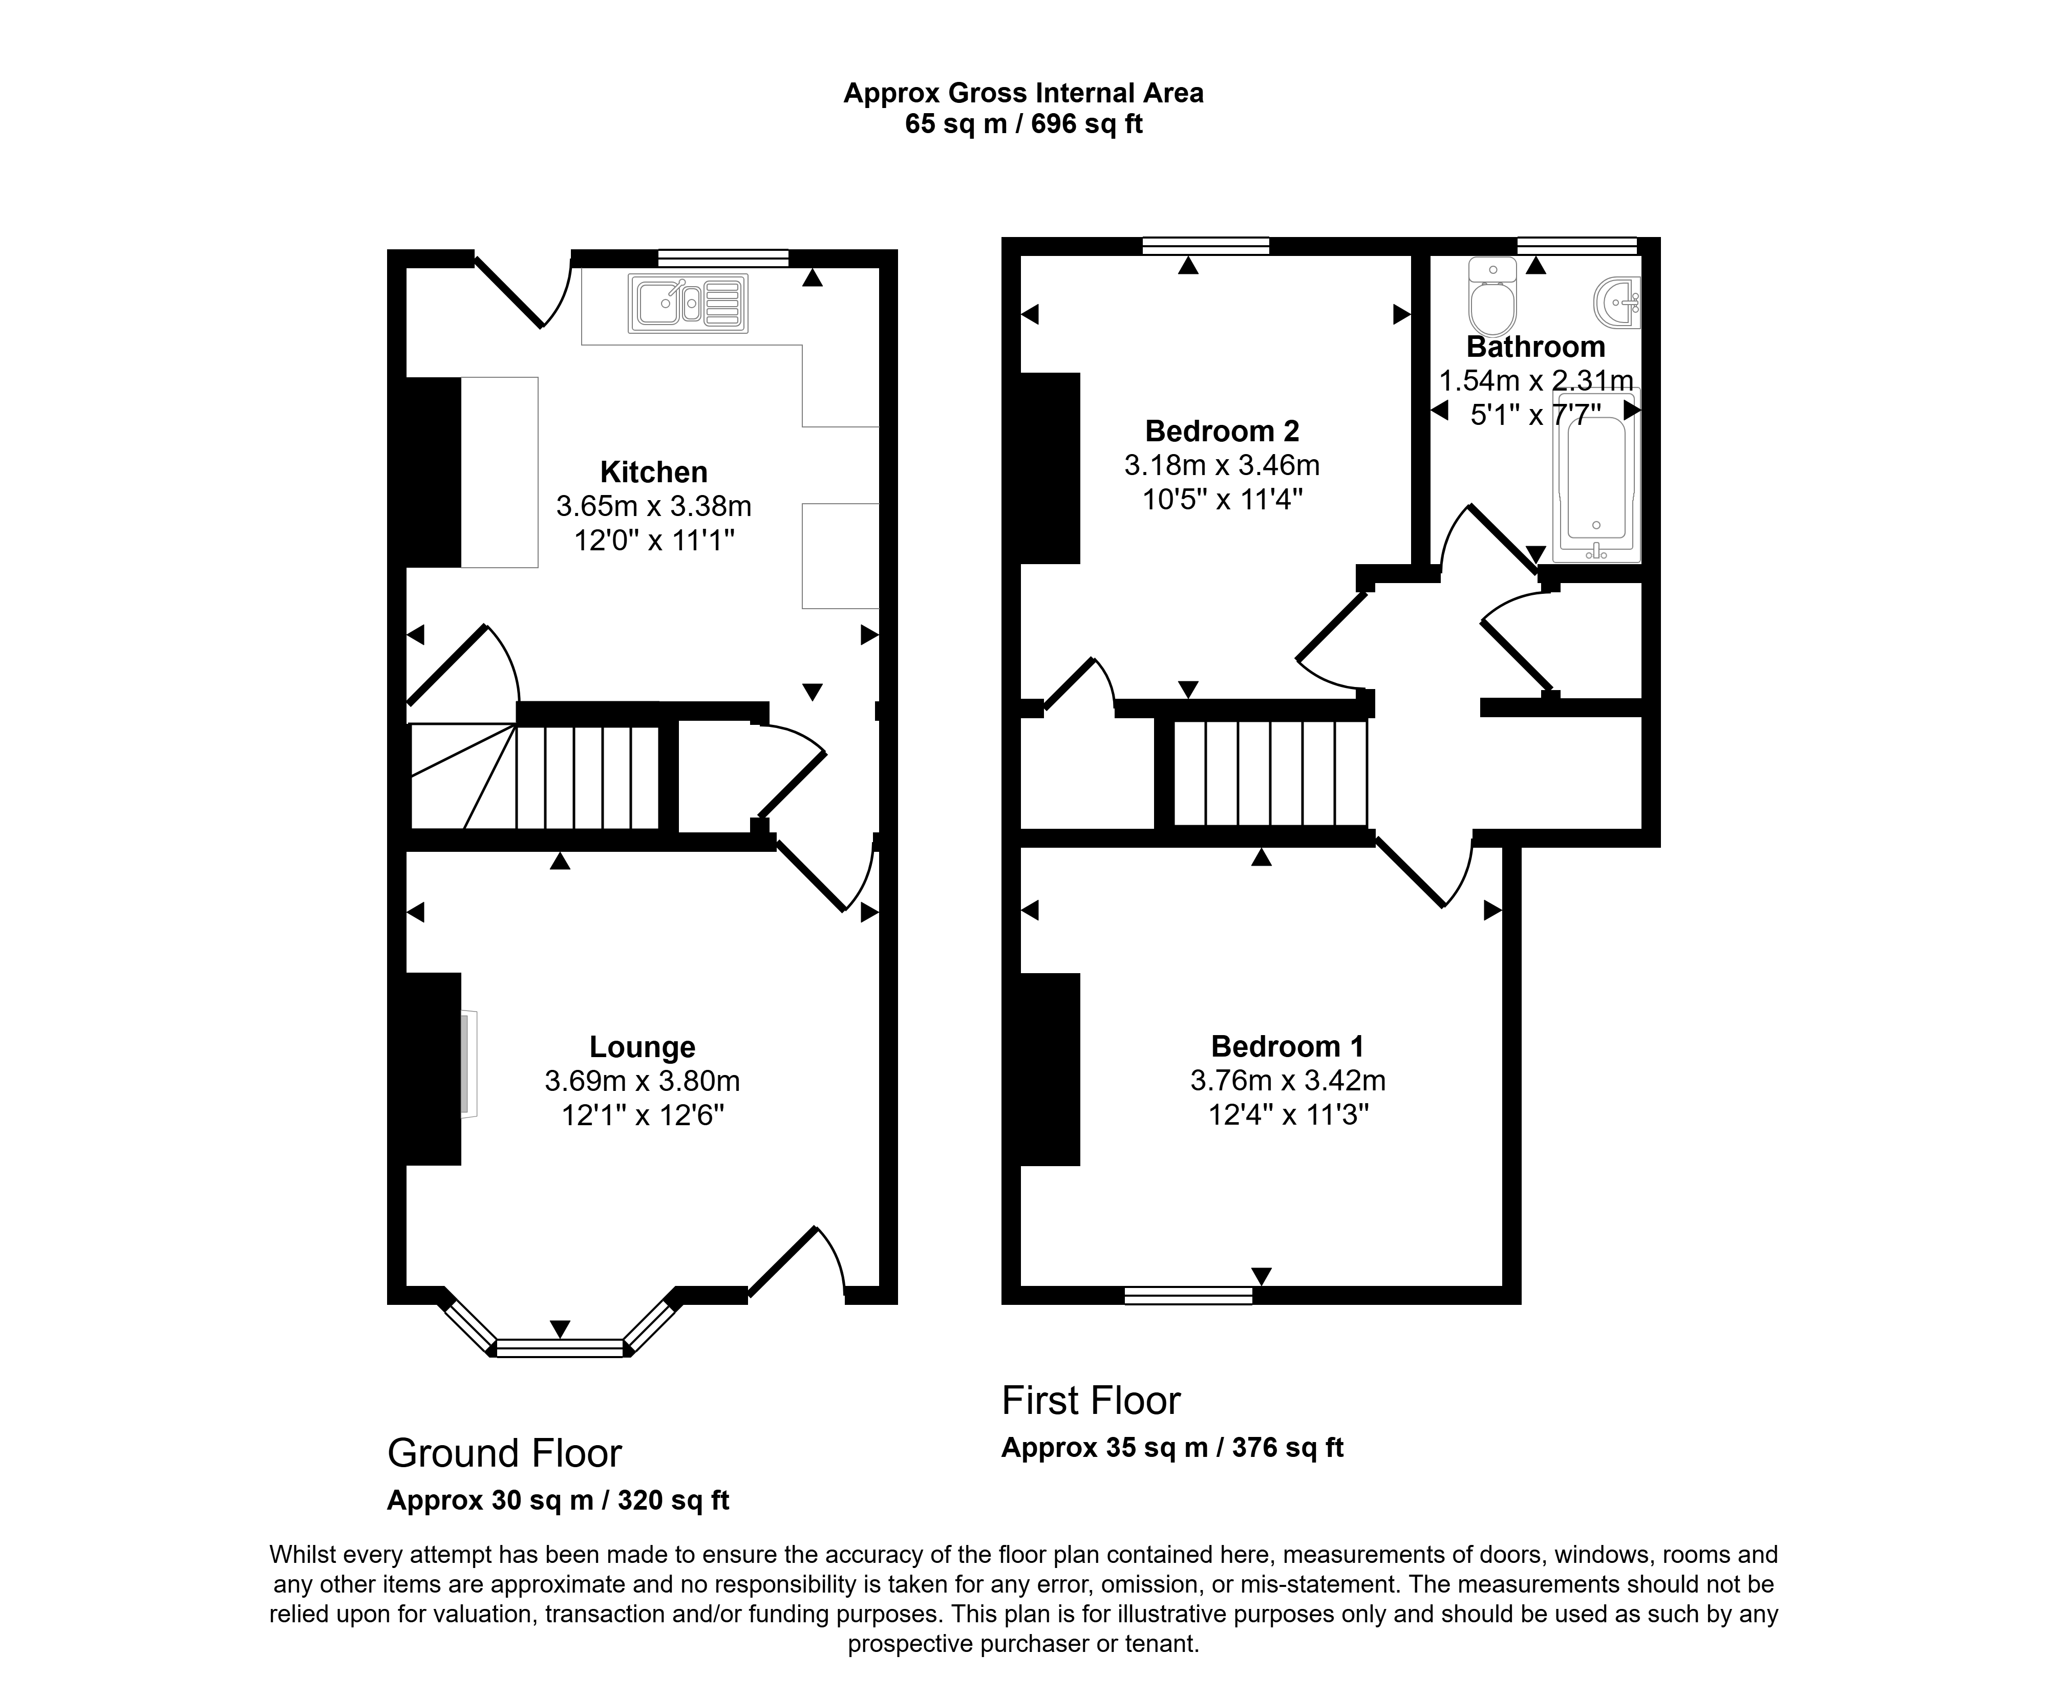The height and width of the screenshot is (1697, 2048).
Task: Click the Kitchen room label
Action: point(653,472)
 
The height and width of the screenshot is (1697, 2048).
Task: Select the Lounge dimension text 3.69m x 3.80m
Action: point(643,1081)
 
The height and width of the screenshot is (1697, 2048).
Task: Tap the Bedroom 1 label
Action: point(1287,1046)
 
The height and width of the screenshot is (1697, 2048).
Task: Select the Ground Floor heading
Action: point(504,1454)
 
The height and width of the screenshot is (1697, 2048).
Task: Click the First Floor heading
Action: point(1091,1402)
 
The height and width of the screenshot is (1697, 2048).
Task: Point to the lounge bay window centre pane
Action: point(560,1349)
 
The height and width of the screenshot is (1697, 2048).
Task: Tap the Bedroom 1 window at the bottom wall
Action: point(1189,1295)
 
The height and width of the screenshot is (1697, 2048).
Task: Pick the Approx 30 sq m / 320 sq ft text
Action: point(558,1500)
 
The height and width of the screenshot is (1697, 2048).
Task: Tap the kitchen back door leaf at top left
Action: point(508,292)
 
